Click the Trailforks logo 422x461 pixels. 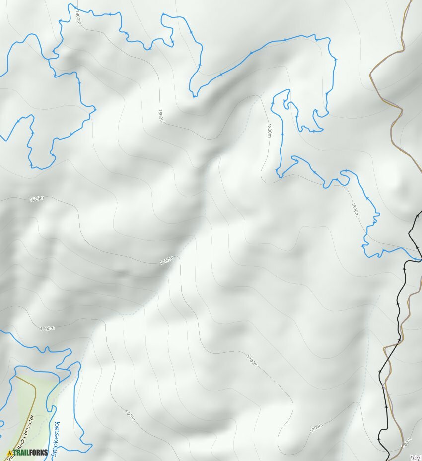[28, 452]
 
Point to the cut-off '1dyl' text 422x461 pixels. [416, 458]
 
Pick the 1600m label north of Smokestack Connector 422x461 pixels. [47, 328]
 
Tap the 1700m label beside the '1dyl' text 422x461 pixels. [405, 442]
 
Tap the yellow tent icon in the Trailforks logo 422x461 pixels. [10, 453]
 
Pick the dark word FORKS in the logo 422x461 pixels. [38, 452]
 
